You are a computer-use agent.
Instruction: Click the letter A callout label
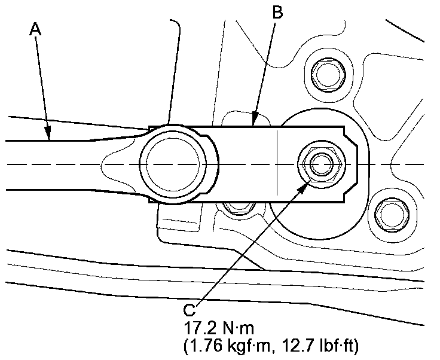coord(36,29)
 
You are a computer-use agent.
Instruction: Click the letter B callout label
coord(277,13)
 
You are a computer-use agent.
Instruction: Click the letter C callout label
coord(188,311)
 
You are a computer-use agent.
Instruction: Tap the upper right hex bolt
coord(328,75)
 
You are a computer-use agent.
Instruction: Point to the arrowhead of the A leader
coord(50,136)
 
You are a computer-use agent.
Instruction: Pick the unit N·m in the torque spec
coord(239,329)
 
